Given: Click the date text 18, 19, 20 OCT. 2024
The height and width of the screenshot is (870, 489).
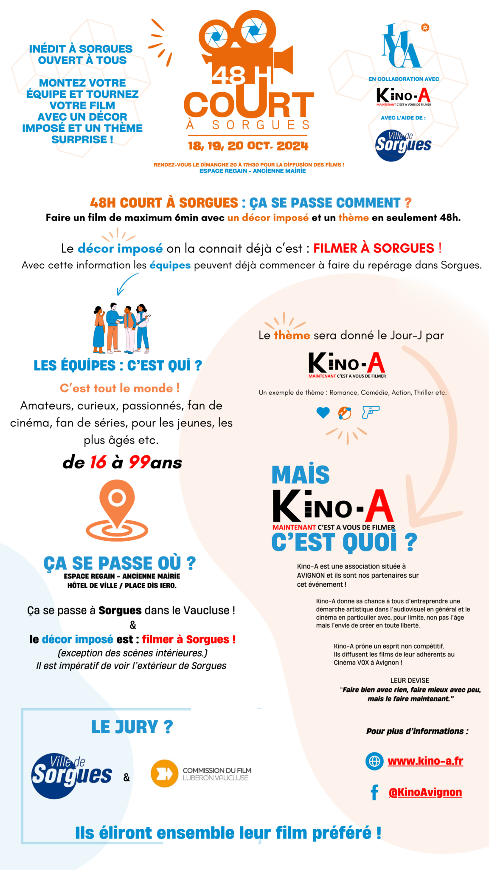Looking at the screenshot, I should click(x=248, y=146).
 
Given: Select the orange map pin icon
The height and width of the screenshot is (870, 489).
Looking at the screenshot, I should click(x=117, y=510).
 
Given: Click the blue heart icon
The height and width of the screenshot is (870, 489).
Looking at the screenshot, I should click(x=323, y=412).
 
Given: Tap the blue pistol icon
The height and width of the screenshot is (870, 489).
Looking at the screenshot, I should click(x=371, y=412).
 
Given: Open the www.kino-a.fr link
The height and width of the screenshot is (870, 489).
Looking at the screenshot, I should click(x=425, y=761).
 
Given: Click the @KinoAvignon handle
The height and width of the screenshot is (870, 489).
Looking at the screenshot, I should click(x=425, y=792).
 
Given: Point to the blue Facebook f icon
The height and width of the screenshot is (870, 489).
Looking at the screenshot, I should click(x=374, y=792).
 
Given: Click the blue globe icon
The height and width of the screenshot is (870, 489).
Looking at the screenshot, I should click(x=374, y=761).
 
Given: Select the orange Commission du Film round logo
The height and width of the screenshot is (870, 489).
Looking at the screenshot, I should click(x=164, y=774).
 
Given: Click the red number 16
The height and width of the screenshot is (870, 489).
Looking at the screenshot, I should click(x=98, y=463).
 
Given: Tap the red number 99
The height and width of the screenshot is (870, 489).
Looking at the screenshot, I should click(x=139, y=463).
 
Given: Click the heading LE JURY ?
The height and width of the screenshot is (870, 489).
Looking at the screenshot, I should click(x=132, y=727).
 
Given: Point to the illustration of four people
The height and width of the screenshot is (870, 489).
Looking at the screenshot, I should click(x=121, y=328).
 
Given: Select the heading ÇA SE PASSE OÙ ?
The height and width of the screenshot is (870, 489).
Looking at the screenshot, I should click(x=120, y=564).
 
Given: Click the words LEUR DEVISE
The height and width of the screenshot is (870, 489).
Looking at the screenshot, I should click(x=410, y=681).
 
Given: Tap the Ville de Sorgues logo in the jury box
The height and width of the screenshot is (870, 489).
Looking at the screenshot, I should click(x=71, y=776).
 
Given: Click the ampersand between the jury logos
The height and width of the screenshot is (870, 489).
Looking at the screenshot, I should click(x=126, y=778).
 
